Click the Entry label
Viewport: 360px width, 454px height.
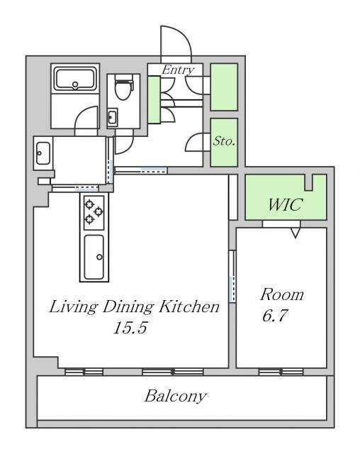178,70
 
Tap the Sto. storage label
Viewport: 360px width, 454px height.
224,141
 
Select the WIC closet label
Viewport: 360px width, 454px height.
285,205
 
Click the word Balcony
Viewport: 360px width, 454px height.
176,396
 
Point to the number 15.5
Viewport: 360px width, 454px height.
130,328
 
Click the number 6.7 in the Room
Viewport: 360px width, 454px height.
275,315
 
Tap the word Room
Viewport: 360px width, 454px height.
282,295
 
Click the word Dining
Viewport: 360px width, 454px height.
128,307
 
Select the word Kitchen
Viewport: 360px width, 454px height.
189,306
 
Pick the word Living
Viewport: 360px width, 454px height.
72,307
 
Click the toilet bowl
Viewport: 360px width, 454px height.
123,87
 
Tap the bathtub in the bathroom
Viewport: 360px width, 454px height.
75,79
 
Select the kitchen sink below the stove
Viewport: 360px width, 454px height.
94,257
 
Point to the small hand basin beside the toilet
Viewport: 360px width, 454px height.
113,117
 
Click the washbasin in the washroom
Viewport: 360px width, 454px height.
43,153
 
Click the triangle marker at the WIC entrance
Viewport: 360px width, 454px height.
296,233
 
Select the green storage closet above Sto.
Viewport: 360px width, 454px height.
224,87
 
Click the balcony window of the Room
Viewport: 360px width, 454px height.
281,372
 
